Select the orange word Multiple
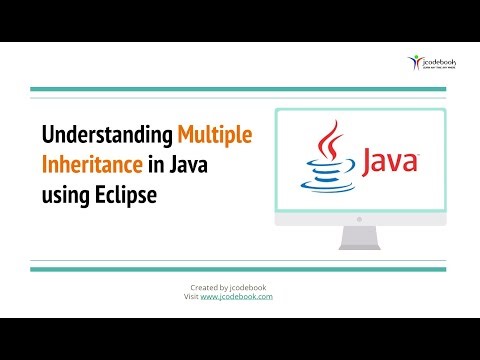(214, 135)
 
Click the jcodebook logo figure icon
(417, 62)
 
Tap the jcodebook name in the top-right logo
(441, 62)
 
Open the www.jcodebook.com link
(238, 297)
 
